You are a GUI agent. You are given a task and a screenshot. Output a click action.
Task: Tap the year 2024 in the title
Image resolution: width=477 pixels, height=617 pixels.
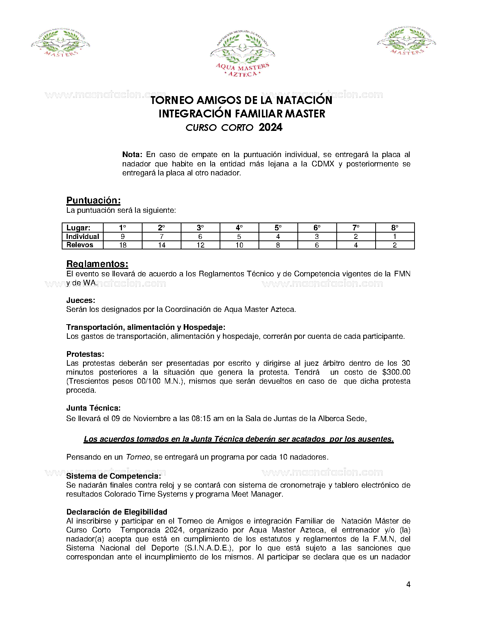click(x=270, y=128)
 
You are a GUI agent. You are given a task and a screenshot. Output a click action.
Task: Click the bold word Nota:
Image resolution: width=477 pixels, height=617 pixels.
click(x=132, y=154)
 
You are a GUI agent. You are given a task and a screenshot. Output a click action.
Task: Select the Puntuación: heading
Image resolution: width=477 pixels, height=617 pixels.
click(x=93, y=200)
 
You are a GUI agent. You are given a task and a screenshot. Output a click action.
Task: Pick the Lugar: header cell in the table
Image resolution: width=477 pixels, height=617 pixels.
click(x=78, y=228)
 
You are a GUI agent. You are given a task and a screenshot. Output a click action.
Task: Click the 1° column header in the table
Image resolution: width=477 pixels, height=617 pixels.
click(x=123, y=228)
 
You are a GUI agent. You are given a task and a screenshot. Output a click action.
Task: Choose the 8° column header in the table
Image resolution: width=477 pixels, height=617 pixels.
click(x=395, y=228)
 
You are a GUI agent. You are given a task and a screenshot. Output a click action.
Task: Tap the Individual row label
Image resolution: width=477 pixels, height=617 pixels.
click(x=82, y=236)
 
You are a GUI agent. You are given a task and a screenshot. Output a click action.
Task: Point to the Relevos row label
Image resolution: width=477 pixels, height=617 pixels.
click(x=80, y=245)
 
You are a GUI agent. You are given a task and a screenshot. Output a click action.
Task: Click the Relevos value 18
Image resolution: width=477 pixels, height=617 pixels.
click(x=123, y=245)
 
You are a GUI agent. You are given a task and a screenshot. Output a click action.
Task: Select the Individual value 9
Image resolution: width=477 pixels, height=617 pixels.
click(x=123, y=237)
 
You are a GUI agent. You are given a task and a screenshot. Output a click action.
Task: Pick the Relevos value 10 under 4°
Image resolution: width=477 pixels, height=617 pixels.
click(x=239, y=245)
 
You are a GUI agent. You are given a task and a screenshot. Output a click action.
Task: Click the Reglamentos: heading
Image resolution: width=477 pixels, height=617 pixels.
click(x=97, y=264)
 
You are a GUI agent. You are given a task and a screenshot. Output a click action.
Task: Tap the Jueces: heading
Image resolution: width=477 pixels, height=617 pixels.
click(x=80, y=300)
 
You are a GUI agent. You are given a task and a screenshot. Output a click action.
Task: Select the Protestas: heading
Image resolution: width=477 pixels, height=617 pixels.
click(x=85, y=354)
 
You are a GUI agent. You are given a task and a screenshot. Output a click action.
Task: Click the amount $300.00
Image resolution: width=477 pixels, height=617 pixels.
click(x=396, y=372)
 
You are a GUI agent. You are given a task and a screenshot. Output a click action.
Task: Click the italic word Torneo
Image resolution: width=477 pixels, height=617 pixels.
click(x=138, y=457)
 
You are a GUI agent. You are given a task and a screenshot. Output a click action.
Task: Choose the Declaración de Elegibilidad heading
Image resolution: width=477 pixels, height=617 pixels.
click(x=116, y=512)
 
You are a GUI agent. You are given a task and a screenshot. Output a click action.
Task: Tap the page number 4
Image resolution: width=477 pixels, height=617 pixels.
click(x=408, y=584)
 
